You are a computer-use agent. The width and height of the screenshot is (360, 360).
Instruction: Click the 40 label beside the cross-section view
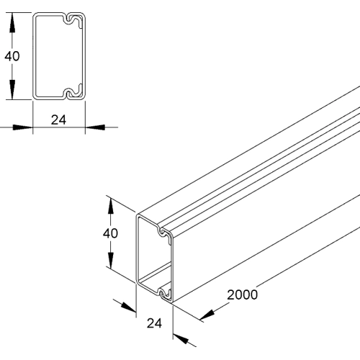pyautogui.click(x=9, y=56)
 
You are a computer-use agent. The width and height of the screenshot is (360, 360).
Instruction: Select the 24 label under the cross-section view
pyautogui.click(x=59, y=120)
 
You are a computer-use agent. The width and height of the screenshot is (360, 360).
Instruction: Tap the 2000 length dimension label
pyautogui.click(x=242, y=294)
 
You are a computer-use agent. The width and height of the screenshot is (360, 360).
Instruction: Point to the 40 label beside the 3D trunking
pyautogui.click(x=110, y=233)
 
